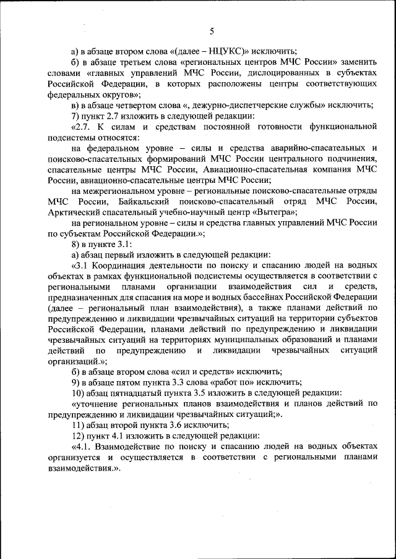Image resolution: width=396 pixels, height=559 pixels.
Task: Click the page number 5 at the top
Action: coord(212,30)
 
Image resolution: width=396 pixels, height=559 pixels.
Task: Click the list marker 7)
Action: coord(75,116)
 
